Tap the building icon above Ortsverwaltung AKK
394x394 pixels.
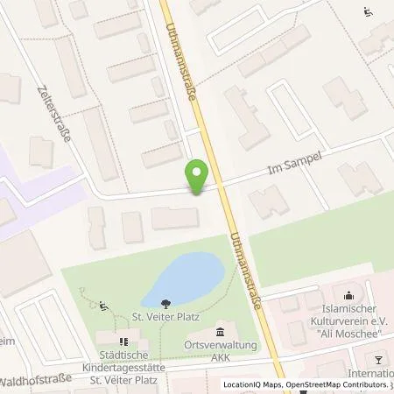click(x=219, y=332)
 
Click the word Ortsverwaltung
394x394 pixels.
click(x=219, y=346)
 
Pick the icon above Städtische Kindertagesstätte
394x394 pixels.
click(x=123, y=341)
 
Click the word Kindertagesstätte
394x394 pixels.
click(x=123, y=368)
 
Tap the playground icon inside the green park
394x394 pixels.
click(x=103, y=306)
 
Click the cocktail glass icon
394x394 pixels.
click(x=379, y=359)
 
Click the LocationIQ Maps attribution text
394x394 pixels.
click(x=250, y=385)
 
